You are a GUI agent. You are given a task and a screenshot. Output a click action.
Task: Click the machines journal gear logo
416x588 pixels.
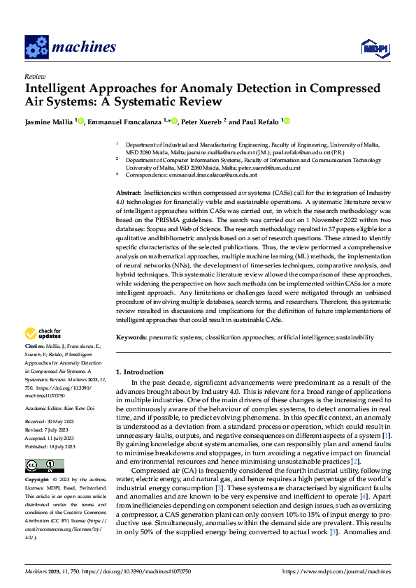point(36,47)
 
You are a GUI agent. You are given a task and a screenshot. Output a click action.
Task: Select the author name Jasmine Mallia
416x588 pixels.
point(49,122)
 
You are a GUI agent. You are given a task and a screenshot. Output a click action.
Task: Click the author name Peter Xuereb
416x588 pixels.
point(200,122)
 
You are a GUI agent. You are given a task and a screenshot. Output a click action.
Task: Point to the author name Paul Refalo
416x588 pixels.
point(259,122)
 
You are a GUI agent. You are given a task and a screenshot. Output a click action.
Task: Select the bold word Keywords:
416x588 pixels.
point(131,337)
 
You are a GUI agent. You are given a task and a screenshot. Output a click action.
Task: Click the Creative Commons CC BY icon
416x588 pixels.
point(44,465)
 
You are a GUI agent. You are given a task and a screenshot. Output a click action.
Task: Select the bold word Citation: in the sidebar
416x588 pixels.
point(36,346)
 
